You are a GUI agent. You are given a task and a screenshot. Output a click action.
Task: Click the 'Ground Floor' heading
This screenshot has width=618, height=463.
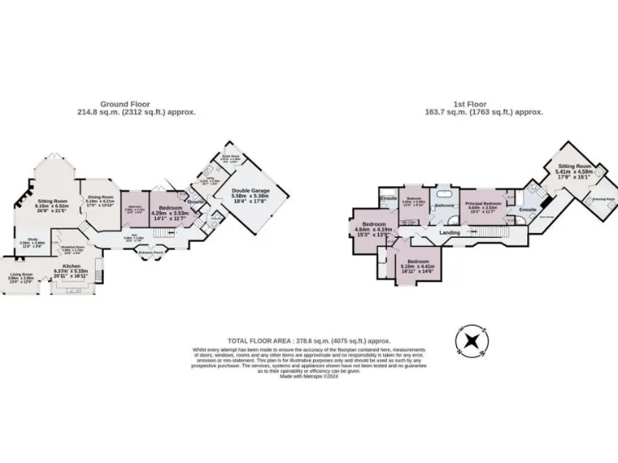pyautogui.click(x=136, y=104)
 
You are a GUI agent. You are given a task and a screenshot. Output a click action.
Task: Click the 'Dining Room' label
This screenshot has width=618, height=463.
pyautogui.click(x=101, y=197)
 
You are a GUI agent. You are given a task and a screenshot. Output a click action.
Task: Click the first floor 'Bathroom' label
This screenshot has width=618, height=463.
pyautogui.click(x=445, y=206)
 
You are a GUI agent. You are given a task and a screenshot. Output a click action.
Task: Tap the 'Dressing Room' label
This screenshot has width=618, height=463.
pyautogui.click(x=604, y=198)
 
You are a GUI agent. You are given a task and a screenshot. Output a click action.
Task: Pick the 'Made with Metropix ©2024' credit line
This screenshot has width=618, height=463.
pyautogui.click(x=308, y=376)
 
